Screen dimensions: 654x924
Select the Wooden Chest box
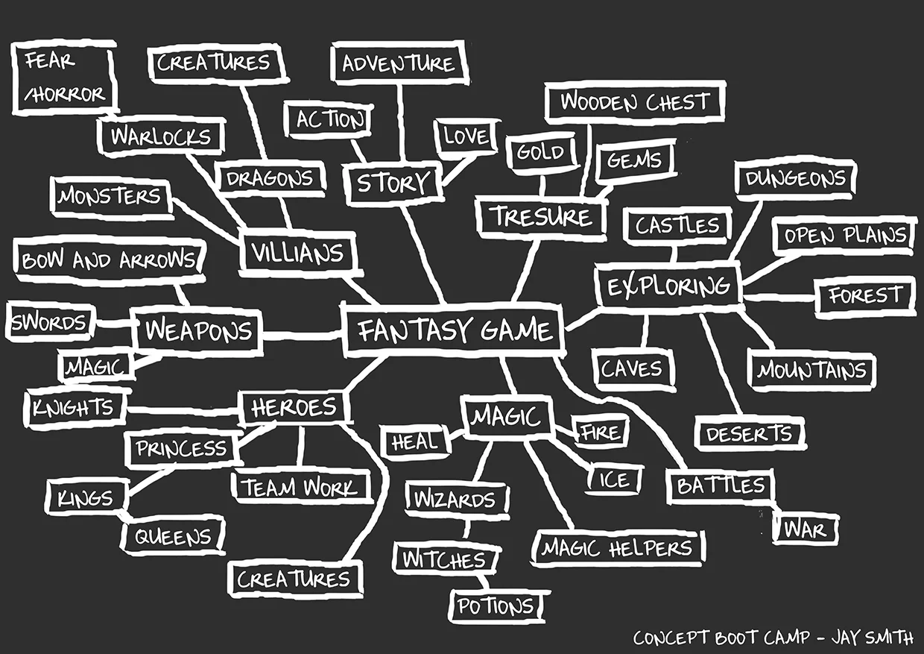click(635, 102)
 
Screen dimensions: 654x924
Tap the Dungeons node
click(796, 179)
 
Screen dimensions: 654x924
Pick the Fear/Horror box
click(64, 78)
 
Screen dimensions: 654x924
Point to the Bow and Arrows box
click(109, 260)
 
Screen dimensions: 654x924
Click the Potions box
click(496, 606)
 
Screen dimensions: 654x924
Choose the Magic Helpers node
click(617, 549)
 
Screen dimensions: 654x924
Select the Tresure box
click(541, 217)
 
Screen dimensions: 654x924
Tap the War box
click(806, 530)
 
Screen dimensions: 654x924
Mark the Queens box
click(173, 537)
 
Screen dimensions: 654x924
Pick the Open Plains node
click(844, 236)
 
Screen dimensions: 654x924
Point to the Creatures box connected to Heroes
click(294, 579)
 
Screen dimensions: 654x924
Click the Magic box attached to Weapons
click(95, 366)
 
